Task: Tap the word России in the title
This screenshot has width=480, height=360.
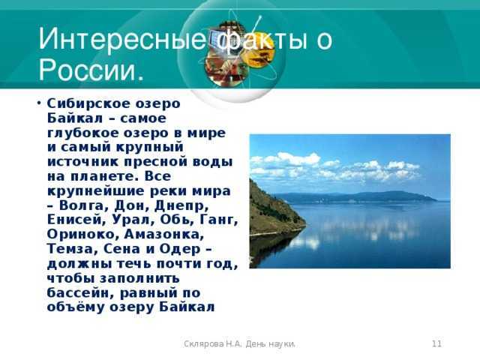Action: pyautogui.click(x=87, y=70)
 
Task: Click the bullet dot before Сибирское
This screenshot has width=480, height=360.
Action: pyautogui.click(x=39, y=103)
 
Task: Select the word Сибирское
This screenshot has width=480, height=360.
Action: pyautogui.click(x=83, y=104)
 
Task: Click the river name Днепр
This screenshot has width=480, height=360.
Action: pyautogui.click(x=181, y=205)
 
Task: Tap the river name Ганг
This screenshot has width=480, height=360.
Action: pyautogui.click(x=218, y=220)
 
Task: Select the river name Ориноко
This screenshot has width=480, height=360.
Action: pyautogui.click(x=81, y=235)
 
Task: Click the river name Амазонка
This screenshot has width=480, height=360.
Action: pyautogui.click(x=163, y=235)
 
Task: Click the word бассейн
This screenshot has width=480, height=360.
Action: pyautogui.click(x=81, y=293)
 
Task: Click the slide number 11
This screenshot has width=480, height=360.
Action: pyautogui.click(x=436, y=343)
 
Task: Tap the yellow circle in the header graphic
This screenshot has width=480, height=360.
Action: pyautogui.click(x=259, y=49)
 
